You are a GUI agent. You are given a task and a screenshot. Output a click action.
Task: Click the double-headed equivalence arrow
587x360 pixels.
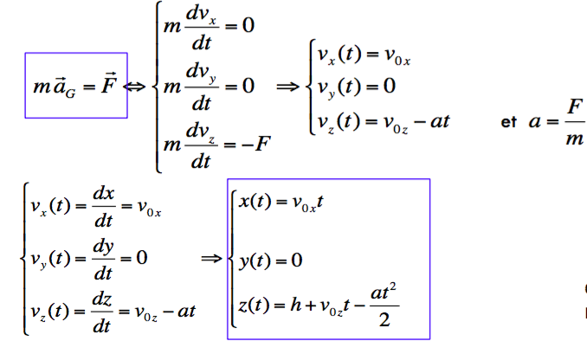[134, 87]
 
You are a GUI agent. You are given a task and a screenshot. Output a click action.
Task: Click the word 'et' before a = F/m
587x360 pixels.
[509, 122]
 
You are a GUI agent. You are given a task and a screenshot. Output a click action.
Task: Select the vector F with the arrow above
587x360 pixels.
[109, 83]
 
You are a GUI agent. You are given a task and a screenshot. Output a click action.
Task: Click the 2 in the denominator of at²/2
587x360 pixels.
[384, 320]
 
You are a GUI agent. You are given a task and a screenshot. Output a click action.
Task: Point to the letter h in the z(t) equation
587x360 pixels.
[296, 305]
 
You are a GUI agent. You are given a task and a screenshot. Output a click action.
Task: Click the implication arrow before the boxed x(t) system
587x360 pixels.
[211, 258]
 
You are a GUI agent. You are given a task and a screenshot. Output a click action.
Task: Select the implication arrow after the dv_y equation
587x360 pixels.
[288, 87]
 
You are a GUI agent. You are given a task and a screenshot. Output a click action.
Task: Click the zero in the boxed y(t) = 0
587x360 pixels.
[296, 260]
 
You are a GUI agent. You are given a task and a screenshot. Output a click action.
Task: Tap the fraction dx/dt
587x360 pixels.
[104, 207]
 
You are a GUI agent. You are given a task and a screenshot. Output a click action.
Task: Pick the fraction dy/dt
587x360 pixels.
[103, 260]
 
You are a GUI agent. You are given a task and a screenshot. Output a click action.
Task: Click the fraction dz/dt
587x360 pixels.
[102, 312]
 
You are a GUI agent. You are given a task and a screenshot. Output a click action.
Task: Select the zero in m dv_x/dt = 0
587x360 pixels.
[248, 25]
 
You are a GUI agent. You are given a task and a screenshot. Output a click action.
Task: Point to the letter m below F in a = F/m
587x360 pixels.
[575, 139]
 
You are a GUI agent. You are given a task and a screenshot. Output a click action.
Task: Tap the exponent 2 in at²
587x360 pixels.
[393, 287]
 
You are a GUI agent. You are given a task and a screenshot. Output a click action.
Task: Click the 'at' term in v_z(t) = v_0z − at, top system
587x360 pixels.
[440, 121]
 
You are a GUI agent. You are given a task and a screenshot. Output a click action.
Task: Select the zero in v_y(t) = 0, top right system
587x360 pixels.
[390, 86]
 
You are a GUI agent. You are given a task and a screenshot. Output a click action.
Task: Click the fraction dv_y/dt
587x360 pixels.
[202, 87]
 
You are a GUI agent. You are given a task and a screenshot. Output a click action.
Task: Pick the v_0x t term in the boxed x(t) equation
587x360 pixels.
[307, 202]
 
